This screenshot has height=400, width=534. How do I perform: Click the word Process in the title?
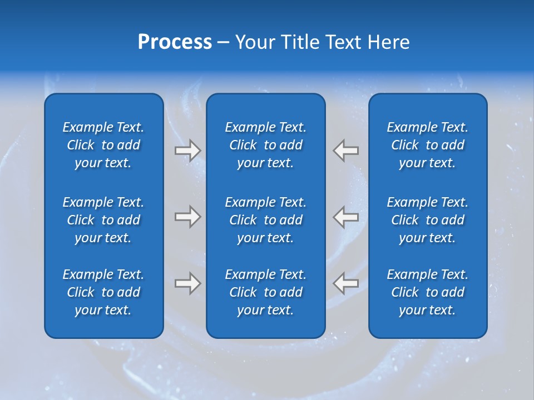(x=175, y=42)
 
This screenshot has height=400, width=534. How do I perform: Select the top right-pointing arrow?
(x=188, y=151)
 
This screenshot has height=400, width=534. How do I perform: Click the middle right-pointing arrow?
(x=188, y=217)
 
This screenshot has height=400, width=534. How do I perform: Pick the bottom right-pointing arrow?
(x=188, y=283)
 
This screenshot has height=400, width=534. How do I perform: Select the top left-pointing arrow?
(x=345, y=151)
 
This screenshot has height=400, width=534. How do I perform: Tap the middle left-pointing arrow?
(x=345, y=217)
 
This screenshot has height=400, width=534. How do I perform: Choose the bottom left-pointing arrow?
(x=345, y=283)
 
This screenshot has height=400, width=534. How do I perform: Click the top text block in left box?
(x=103, y=145)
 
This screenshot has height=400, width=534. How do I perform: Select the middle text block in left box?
(x=103, y=220)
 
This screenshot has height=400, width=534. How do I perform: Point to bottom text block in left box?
(x=103, y=292)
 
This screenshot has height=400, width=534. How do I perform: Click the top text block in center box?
(x=266, y=145)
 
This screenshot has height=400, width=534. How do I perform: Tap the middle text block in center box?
(x=266, y=220)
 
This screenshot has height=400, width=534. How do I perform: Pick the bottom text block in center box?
(x=266, y=292)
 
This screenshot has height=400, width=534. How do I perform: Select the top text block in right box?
(x=428, y=145)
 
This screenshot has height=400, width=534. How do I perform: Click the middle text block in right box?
(x=428, y=220)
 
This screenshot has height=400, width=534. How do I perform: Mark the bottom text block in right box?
(x=428, y=292)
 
